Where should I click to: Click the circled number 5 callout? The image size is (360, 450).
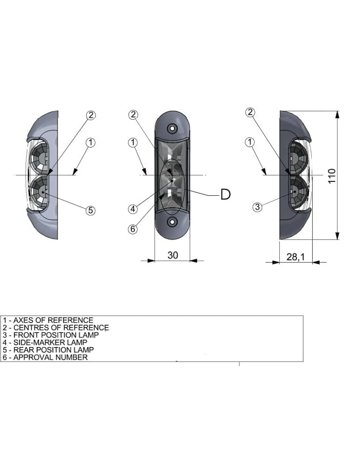(x=90, y=210)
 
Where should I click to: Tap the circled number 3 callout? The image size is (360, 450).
(x=258, y=207)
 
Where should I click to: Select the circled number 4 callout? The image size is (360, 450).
(x=133, y=209)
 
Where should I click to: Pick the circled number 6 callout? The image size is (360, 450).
(x=133, y=229)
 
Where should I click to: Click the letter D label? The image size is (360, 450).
(x=225, y=194)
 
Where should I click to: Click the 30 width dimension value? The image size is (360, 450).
(x=173, y=255)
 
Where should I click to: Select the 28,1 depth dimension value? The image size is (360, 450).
(x=296, y=257)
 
